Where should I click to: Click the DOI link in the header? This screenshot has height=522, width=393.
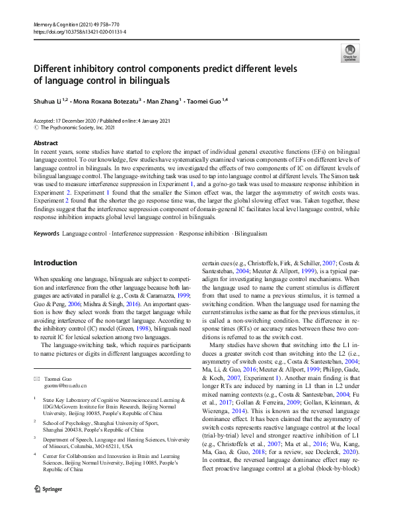click(x=79, y=31)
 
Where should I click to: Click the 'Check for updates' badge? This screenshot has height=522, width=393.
click(x=348, y=53)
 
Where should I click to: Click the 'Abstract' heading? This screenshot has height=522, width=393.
click(x=46, y=143)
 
